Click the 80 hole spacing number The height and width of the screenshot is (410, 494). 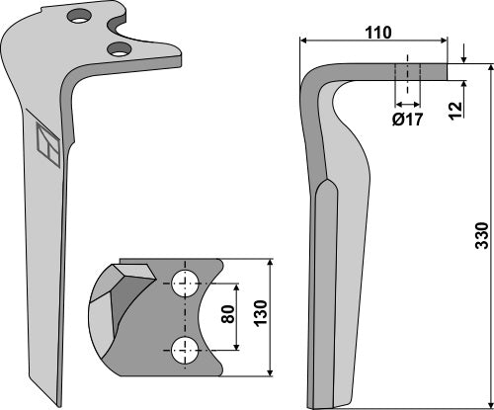coord(227,316)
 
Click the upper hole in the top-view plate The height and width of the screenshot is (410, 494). coord(184,283)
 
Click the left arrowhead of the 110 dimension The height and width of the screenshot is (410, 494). coord(303,41)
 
